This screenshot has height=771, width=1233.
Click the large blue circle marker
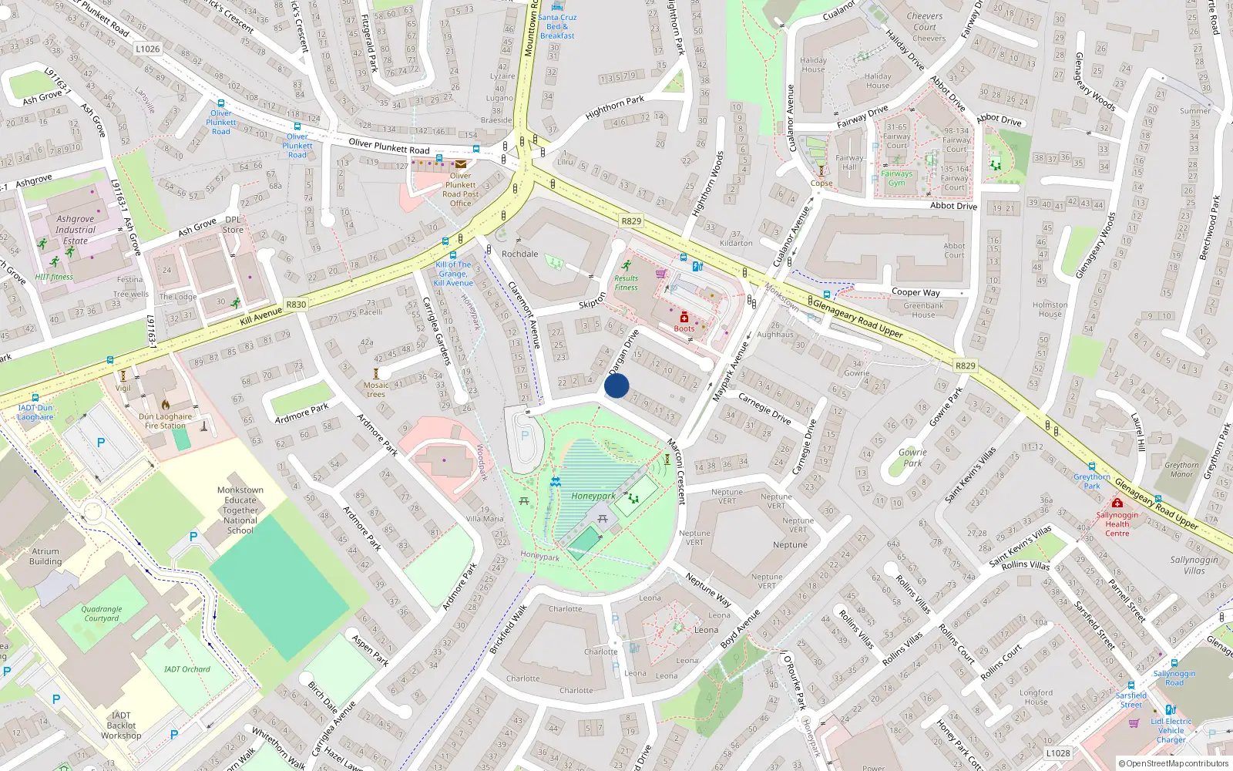pyautogui.click(x=616, y=385)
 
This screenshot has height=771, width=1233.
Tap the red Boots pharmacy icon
pyautogui.click(x=684, y=318)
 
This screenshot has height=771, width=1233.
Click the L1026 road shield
pyautogui.click(x=147, y=49)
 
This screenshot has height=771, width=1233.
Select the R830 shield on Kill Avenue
pyautogui.click(x=296, y=305)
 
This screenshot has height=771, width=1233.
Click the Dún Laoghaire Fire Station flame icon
pyautogui.click(x=165, y=404)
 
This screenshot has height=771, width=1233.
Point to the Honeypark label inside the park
pyautogui.click(x=593, y=496)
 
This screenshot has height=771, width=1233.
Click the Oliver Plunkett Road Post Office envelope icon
pyautogui.click(x=460, y=164)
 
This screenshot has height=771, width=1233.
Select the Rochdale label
pyautogui.click(x=519, y=254)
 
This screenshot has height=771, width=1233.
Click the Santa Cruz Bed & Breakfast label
pyautogui.click(x=557, y=26)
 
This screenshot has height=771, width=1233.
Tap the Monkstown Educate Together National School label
pyautogui.click(x=240, y=510)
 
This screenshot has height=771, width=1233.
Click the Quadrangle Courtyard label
pyautogui.click(x=102, y=614)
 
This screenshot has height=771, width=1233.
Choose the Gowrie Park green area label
pyautogui.click(x=912, y=458)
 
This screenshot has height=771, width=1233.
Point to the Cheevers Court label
pyautogui.click(x=925, y=22)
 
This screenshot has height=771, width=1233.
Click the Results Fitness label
pyautogui.click(x=626, y=283)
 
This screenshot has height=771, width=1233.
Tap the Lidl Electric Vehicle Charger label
pyautogui.click(x=1171, y=730)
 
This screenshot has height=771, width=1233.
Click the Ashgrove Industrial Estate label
pyautogui.click(x=76, y=230)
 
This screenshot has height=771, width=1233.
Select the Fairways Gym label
pyautogui.click(x=896, y=178)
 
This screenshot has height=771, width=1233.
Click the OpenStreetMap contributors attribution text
pyautogui.click(x=1174, y=763)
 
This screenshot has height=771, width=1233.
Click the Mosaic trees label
pyautogui.click(x=376, y=389)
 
